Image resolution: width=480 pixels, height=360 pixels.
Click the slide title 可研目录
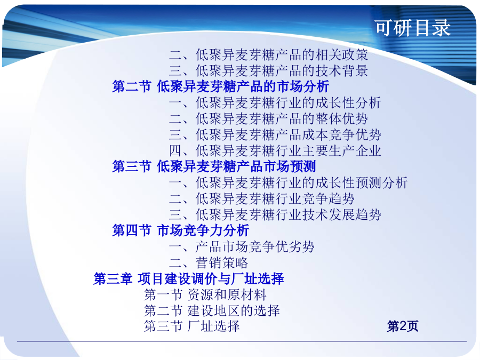(x=413, y=28)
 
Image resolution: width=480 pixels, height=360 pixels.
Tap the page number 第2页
(x=403, y=326)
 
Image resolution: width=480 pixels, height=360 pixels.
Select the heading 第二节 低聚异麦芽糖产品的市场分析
(x=220, y=86)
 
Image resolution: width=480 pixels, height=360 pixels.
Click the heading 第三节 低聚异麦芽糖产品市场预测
(x=214, y=166)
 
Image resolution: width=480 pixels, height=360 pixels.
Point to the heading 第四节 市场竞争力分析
(x=181, y=230)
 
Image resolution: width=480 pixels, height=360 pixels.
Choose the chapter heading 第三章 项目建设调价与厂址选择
(x=189, y=278)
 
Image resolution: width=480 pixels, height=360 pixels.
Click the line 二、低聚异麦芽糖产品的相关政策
(x=268, y=55)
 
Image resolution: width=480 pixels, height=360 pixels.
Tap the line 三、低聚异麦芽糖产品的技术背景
(x=268, y=71)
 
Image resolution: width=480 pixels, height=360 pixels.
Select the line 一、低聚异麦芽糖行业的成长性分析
(x=275, y=102)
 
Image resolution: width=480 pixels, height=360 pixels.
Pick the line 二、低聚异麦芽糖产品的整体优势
(x=268, y=118)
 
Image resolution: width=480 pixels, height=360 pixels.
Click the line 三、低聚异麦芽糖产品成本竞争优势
(x=275, y=134)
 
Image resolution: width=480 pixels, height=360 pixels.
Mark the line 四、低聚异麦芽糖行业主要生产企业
(x=275, y=150)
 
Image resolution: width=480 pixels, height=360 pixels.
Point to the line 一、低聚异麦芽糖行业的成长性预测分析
(x=289, y=183)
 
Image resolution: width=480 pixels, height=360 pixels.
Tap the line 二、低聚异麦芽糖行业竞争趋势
(x=262, y=199)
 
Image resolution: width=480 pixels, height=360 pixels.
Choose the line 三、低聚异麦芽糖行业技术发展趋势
(x=275, y=214)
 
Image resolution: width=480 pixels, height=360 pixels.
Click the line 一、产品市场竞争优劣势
(x=242, y=247)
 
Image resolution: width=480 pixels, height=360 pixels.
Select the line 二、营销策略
(x=209, y=262)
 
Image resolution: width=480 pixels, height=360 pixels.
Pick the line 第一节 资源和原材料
(x=205, y=294)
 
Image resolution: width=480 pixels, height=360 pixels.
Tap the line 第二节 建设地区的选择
(x=212, y=310)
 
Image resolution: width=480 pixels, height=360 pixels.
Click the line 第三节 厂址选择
(x=192, y=326)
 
